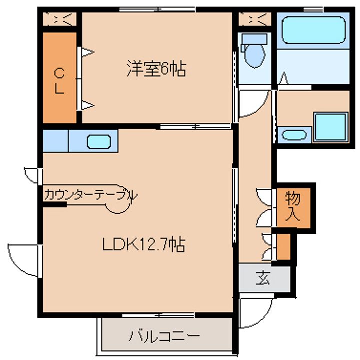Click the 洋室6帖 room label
tap(157, 69)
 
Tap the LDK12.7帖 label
tap(144, 244)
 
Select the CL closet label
tap(59, 81)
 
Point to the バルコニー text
tap(164, 336)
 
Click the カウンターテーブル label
tap(91, 195)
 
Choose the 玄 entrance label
tap(263, 278)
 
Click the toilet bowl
tap(255, 55)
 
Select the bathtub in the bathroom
tap(314, 30)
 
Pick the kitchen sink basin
tap(99, 141)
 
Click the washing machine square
tap(331, 127)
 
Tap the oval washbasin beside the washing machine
tap(294, 135)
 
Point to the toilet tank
tap(254, 39)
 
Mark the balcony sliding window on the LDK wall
tap(158, 315)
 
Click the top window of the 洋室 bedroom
tap(157, 9)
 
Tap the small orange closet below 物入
tap(284, 247)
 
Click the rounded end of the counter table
tap(118, 205)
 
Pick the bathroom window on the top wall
tap(313, 9)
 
